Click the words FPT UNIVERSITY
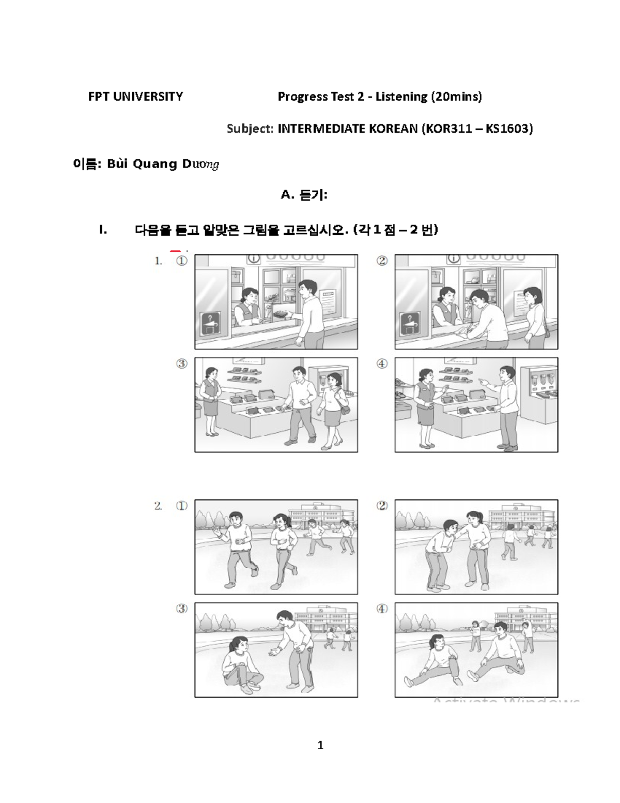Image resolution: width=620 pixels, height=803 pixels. click(135, 97)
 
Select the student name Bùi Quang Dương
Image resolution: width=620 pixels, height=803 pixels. click(163, 164)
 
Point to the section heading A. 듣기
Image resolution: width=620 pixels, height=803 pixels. click(304, 195)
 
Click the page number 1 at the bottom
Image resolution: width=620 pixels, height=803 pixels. click(320, 745)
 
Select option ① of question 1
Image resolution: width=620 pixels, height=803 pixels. click(181, 262)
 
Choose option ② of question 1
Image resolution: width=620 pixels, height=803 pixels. click(382, 261)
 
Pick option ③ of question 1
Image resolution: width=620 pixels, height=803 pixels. click(181, 364)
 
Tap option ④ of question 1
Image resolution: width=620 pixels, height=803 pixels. click(382, 364)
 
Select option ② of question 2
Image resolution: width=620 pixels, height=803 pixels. click(382, 506)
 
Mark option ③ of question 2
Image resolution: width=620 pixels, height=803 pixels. click(181, 609)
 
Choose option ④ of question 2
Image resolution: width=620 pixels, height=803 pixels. click(382, 609)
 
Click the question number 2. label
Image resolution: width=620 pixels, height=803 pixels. click(158, 506)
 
